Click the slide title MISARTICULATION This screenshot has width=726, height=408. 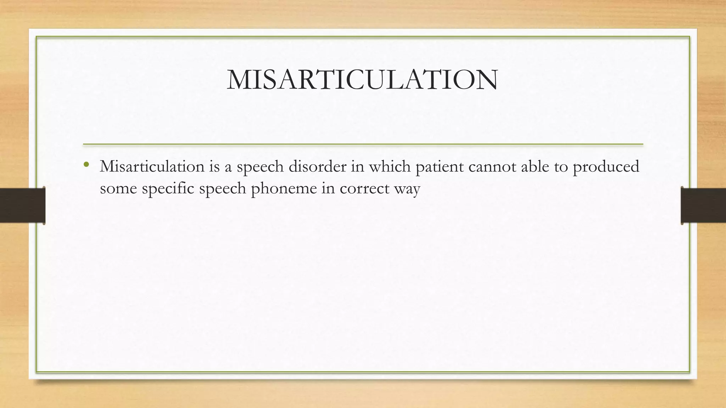(x=362, y=80)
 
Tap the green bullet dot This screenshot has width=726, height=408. (x=86, y=164)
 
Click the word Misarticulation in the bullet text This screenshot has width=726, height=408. (x=152, y=166)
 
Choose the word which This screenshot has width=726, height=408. (x=390, y=166)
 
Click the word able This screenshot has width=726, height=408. (x=535, y=166)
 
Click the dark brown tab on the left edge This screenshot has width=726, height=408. (x=22, y=205)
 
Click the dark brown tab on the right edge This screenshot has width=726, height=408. (x=703, y=205)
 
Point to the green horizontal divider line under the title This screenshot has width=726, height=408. (x=363, y=144)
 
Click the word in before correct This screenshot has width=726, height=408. (x=328, y=188)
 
